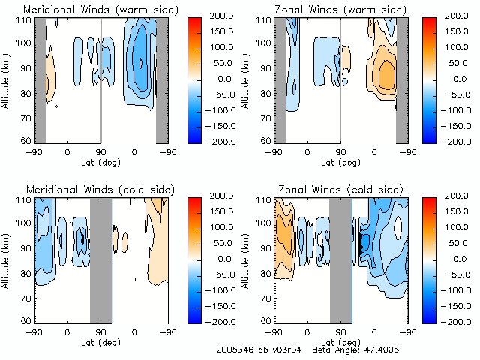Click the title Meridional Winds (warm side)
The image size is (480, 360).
90,10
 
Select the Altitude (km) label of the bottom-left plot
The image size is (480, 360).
7,258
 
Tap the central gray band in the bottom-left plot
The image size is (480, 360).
100,259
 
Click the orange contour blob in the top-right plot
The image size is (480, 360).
386,73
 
